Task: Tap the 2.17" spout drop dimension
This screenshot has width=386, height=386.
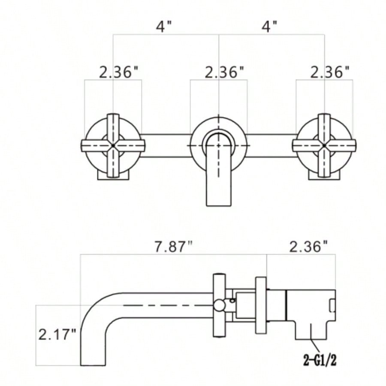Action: point(57,334)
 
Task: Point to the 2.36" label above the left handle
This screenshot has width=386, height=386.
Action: point(121,72)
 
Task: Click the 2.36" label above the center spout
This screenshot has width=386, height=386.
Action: point(226,72)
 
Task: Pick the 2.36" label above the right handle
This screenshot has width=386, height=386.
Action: point(330,72)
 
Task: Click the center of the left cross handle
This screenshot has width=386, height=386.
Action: point(113,146)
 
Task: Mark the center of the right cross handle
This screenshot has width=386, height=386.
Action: point(324,146)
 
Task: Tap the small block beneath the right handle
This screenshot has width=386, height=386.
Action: point(325,176)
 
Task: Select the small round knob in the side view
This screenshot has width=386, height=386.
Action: point(220,305)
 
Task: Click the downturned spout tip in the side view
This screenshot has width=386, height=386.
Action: point(93,358)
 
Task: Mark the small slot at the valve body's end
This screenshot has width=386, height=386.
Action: point(332,305)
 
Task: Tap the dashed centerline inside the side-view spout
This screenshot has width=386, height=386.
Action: point(167,305)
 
